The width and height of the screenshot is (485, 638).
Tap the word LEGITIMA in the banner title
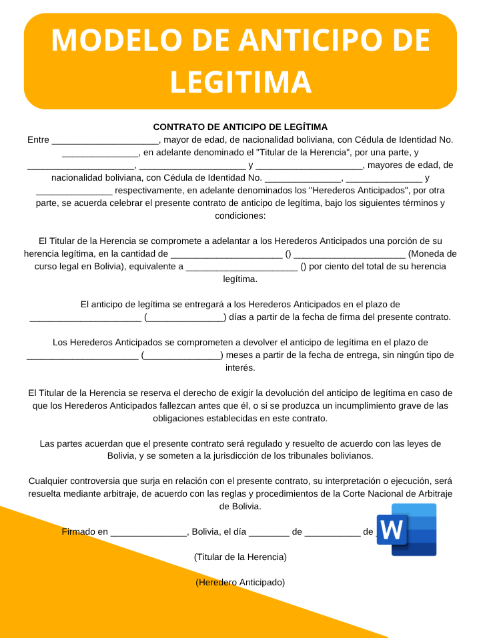241,82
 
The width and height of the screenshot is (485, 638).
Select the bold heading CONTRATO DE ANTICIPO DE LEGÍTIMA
240,127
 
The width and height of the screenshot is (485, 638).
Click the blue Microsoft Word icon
406,529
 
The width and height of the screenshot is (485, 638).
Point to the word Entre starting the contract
38,139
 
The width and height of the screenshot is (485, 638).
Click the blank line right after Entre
105,140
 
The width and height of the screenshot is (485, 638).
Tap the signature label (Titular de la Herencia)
240,557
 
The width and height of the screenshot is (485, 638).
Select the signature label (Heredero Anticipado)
240,582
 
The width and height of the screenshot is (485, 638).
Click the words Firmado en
85,531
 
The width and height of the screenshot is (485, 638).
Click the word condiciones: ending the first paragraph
240,215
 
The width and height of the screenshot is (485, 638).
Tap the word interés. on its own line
240,367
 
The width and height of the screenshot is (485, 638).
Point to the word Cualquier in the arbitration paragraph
49,481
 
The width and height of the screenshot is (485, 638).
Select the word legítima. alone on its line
240,279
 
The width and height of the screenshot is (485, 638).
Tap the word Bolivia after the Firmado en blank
207,531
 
